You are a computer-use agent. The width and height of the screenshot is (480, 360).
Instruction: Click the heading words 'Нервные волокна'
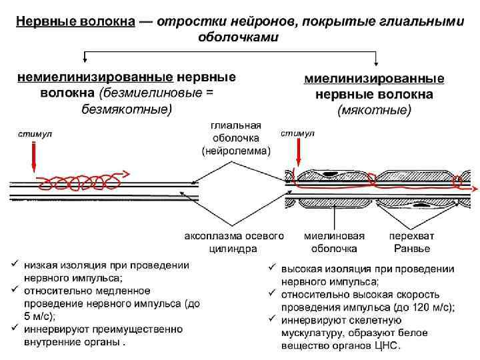coord(75,21)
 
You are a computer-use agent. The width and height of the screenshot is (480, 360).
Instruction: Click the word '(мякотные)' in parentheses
coord(374,109)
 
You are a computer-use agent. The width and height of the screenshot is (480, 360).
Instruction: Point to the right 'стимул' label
coord(297,133)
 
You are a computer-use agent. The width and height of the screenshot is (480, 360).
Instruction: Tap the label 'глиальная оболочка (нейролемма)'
coord(237,139)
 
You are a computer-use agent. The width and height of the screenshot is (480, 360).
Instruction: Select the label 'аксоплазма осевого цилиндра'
coord(234,241)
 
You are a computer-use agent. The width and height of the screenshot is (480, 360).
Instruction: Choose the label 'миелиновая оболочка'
coord(333,241)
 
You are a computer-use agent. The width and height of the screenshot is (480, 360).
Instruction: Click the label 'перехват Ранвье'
coord(412,241)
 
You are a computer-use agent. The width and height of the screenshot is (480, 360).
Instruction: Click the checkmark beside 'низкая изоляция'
coord(13,265)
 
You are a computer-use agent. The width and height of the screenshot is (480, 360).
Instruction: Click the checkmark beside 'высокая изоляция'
coord(271,268)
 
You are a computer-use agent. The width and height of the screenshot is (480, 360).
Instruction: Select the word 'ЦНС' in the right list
coord(388,347)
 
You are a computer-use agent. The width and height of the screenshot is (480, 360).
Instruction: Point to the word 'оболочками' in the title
coord(237,37)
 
